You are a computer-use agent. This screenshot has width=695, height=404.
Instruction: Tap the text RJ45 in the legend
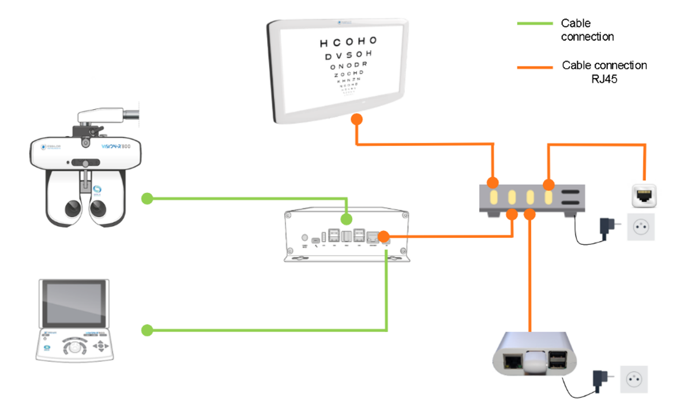(x=604, y=79)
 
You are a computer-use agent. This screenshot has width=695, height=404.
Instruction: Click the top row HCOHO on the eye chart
(x=348, y=42)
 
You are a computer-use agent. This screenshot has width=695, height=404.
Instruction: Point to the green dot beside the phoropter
(x=147, y=199)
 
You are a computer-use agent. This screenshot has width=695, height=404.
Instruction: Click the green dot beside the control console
(x=147, y=331)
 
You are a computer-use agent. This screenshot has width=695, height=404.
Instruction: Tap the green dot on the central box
(x=346, y=219)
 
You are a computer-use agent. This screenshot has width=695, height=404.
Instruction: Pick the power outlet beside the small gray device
(x=633, y=379)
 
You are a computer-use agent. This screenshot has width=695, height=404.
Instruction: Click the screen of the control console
(x=74, y=304)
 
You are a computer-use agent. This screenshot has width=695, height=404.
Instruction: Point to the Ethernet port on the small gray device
(x=511, y=362)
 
